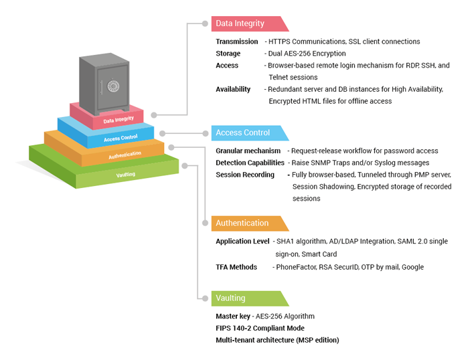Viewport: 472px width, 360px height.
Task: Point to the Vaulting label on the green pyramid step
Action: [x=125, y=175]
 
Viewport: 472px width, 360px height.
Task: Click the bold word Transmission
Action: [x=236, y=41]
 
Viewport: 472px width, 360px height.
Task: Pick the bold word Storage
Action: [x=228, y=54]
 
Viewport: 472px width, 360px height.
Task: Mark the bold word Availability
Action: [x=233, y=89]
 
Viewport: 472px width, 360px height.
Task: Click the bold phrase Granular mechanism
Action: [x=248, y=151]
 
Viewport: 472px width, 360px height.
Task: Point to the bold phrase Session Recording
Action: [x=245, y=175]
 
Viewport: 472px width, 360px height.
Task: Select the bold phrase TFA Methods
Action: [x=236, y=267]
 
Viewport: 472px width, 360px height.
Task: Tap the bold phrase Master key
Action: [x=233, y=316]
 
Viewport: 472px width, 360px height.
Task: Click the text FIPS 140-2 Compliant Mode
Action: [x=260, y=328]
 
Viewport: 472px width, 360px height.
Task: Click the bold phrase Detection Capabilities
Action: [x=250, y=163]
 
